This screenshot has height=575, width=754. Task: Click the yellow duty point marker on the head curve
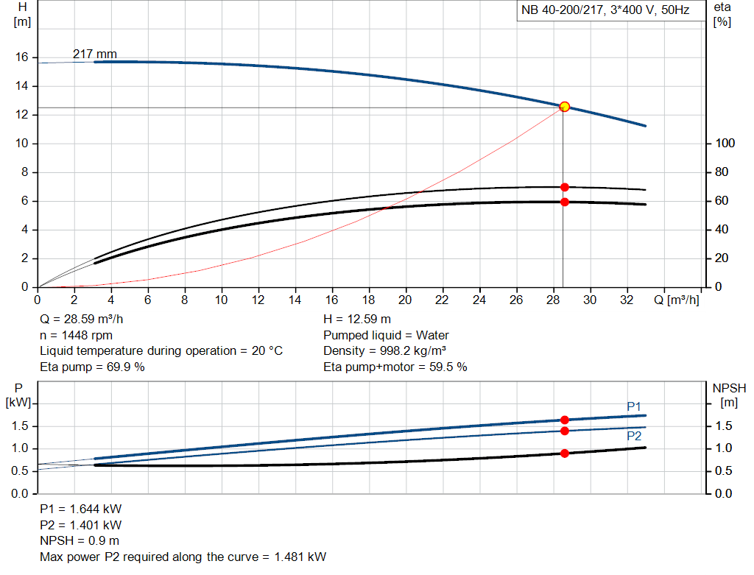pos(565,107)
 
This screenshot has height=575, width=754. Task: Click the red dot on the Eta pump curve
pos(565,187)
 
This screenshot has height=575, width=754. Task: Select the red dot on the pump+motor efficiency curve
pos(565,202)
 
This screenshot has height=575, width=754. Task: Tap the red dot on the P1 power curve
pos(565,420)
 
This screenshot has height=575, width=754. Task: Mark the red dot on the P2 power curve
pos(565,431)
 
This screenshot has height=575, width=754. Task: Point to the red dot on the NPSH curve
pos(565,453)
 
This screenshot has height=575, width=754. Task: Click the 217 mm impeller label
pos(94,54)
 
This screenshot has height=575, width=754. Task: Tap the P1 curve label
pos(634,406)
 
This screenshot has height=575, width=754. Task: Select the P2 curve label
pos(634,436)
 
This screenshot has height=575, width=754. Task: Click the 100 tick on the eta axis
pos(725,144)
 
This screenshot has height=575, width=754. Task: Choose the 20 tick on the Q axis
pos(405,300)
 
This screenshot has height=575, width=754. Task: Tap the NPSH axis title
pos(729,388)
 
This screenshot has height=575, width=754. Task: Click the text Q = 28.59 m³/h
pos(82,320)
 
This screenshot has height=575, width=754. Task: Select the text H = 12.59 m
pos(357,320)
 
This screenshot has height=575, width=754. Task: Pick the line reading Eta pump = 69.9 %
pos(92,366)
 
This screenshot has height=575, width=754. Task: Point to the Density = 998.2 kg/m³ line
pos(387,350)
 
